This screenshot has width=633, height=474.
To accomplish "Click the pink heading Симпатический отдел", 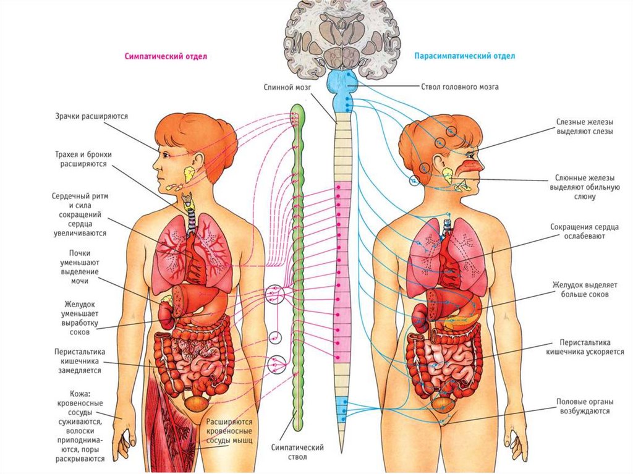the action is point(165,56).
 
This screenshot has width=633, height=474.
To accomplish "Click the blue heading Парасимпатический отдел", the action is point(465,56).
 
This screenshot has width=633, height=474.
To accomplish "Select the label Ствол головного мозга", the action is point(460,87).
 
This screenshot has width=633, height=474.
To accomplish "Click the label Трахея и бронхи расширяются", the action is point(83,159).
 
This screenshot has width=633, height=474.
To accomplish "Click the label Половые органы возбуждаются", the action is point(584,405).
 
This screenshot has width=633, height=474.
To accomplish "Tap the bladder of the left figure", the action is point(197,403).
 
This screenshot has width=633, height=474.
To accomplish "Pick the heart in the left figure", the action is point(198,263).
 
